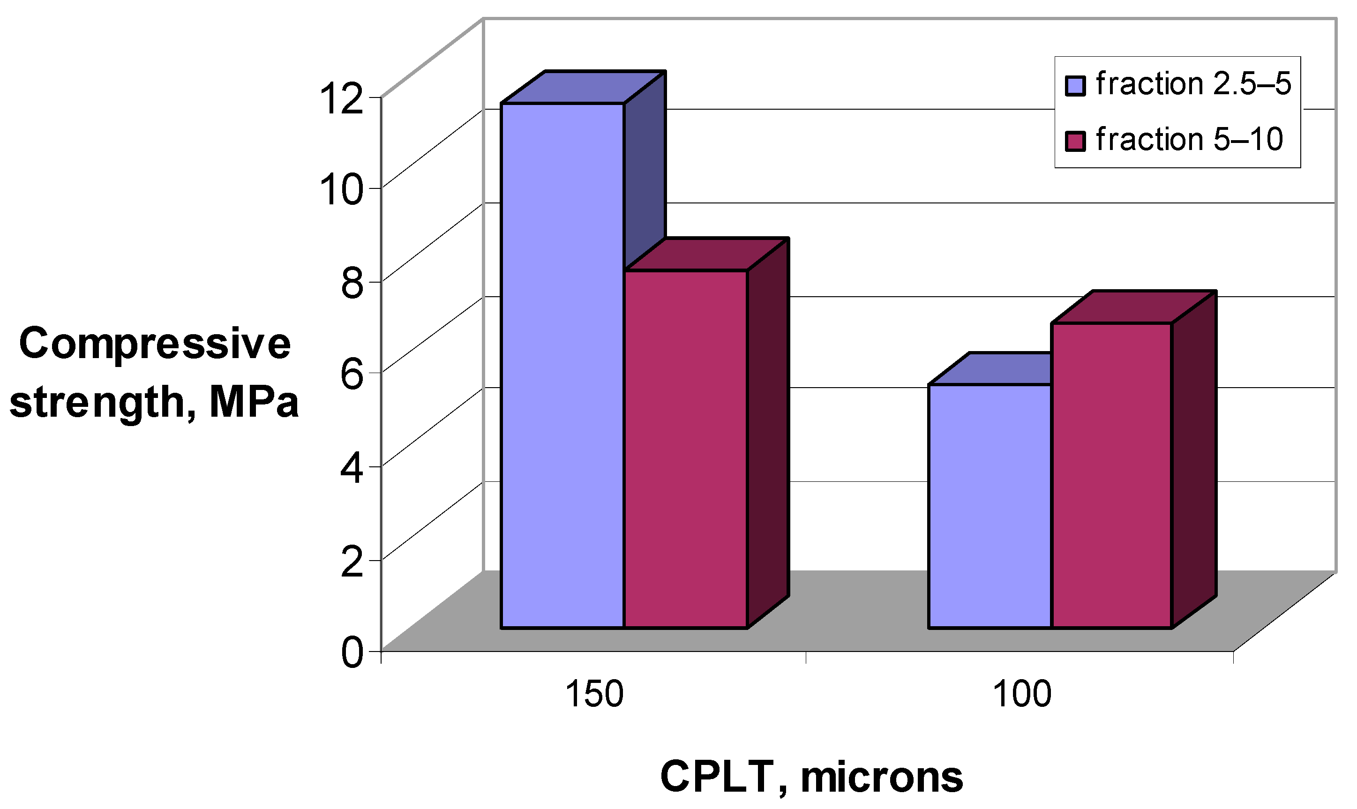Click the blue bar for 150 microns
tap(562, 365)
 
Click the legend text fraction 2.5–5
tap(1193, 84)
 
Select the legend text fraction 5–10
tap(1189, 139)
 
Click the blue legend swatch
tap(1075, 86)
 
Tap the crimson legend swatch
tap(1075, 140)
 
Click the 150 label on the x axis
tap(594, 695)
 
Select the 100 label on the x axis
tap(1022, 695)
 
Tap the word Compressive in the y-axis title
tap(155, 344)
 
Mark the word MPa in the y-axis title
tap(254, 402)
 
